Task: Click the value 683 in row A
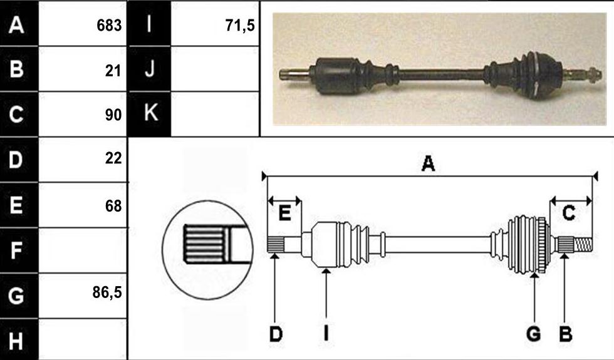109,26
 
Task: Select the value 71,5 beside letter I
240,26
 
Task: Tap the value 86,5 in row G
107,292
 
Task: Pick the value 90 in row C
113,115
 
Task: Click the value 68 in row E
113,206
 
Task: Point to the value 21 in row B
113,71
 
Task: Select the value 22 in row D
113,158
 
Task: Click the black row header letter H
16,341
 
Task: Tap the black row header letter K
151,113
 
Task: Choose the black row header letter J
150,69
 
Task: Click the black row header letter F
16,250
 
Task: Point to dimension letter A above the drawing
428,163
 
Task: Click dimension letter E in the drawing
284,213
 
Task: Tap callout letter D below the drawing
276,334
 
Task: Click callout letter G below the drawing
533,334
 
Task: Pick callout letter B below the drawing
565,334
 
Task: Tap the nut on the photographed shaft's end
594,75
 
